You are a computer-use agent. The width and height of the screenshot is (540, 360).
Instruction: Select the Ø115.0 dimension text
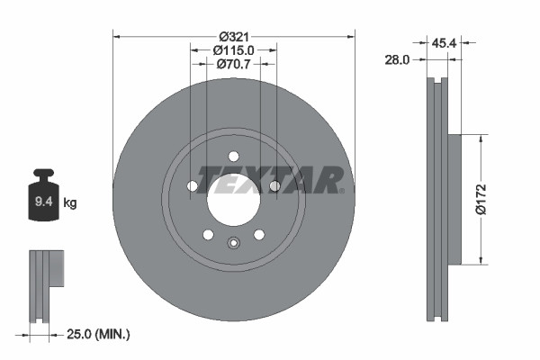(x=233, y=50)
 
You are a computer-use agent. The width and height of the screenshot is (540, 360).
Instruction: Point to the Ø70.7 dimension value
(x=233, y=64)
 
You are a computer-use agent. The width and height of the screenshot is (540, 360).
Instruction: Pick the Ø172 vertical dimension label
(x=481, y=199)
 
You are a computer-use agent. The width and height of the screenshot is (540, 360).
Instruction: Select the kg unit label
(x=69, y=203)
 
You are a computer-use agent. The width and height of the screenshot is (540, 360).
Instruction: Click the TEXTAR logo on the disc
(x=270, y=179)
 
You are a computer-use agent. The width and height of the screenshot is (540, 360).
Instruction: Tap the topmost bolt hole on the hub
(x=233, y=155)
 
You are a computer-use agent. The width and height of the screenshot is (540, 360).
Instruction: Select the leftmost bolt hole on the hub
(x=192, y=186)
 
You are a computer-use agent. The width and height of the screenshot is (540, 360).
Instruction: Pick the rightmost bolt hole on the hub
(x=274, y=186)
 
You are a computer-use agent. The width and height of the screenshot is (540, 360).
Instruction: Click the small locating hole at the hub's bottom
(x=233, y=241)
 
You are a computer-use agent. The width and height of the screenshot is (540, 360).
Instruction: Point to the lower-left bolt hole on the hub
(x=208, y=235)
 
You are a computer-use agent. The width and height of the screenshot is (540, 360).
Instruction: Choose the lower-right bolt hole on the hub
(x=259, y=235)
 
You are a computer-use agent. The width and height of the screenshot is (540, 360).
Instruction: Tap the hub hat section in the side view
(x=454, y=199)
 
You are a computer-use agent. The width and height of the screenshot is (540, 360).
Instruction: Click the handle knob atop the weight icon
(x=42, y=174)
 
